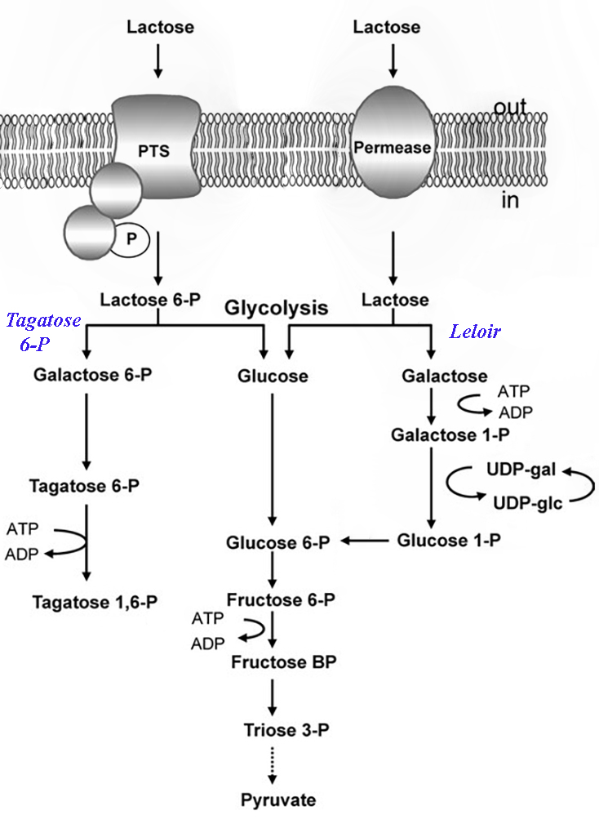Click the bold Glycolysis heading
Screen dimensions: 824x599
(277, 308)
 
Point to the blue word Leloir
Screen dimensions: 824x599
(475, 332)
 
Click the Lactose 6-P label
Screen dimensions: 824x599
(150, 300)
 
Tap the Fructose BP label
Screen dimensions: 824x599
(282, 660)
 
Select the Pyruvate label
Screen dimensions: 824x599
(277, 800)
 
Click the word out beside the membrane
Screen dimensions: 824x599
(509, 107)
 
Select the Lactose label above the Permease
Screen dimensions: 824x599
(387, 27)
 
